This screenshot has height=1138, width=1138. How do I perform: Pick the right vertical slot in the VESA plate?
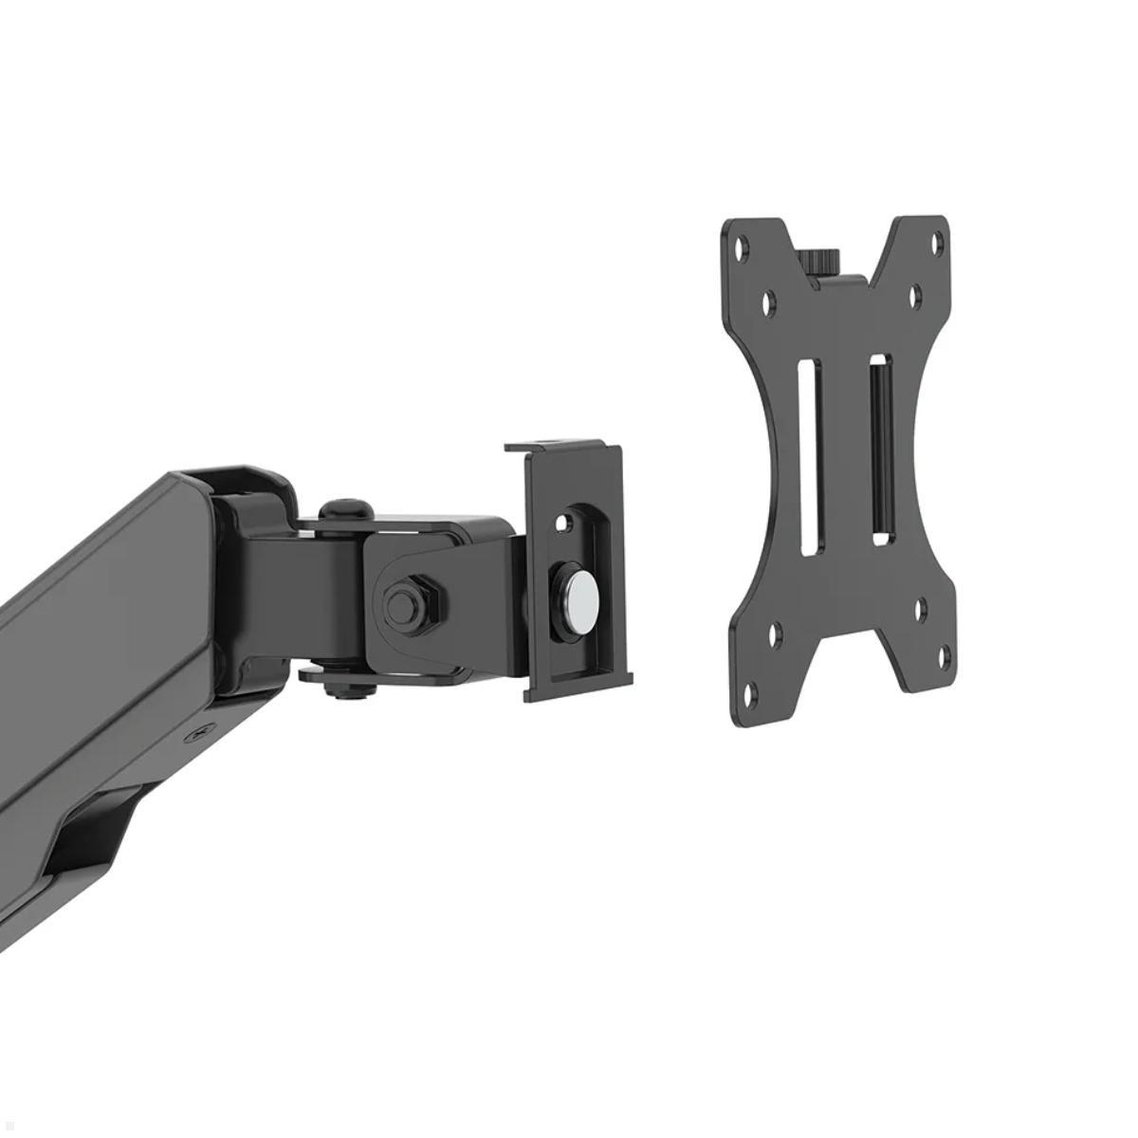point(879,450)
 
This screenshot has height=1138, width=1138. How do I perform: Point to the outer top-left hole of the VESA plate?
point(743,246)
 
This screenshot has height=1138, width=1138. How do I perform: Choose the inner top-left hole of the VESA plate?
point(768,303)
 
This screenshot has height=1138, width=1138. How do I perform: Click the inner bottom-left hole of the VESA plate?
point(775,633)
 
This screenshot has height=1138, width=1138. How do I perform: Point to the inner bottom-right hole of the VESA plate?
point(921,606)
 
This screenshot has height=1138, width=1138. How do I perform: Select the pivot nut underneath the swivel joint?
point(345,690)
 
